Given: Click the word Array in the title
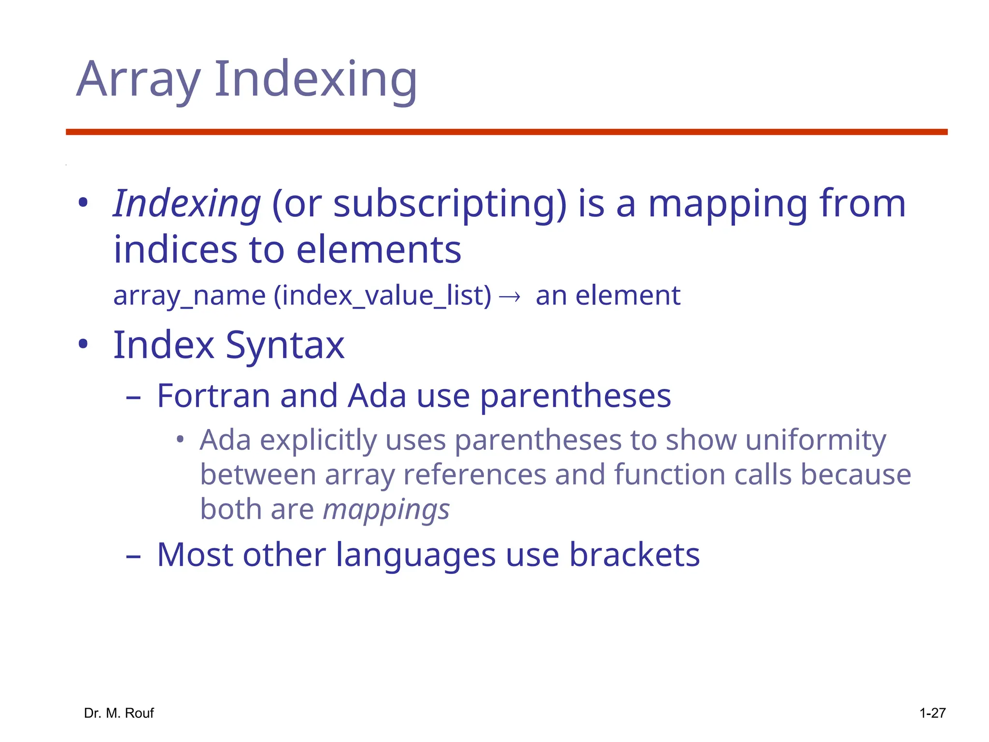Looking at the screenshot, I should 138,80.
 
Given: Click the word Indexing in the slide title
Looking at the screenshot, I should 315,80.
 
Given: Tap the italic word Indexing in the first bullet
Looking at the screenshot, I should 187,204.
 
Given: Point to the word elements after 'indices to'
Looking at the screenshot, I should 379,250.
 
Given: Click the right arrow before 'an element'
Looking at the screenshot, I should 509,296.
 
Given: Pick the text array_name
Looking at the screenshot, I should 189,296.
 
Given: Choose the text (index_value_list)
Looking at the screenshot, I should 382,296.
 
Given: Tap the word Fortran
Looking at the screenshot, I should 213,396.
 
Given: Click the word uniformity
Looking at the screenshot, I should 816,440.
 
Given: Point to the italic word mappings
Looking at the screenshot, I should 386,510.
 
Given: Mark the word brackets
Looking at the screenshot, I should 635,555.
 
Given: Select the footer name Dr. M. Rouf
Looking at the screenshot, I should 119,713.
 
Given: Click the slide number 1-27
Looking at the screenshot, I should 932,713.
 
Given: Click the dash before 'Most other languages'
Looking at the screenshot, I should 133,556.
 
